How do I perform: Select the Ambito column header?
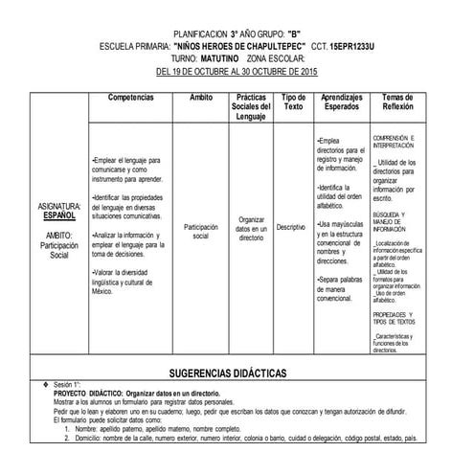coord(201,98)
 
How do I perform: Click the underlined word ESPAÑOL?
coord(58,215)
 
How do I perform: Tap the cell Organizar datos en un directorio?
coord(251,228)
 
